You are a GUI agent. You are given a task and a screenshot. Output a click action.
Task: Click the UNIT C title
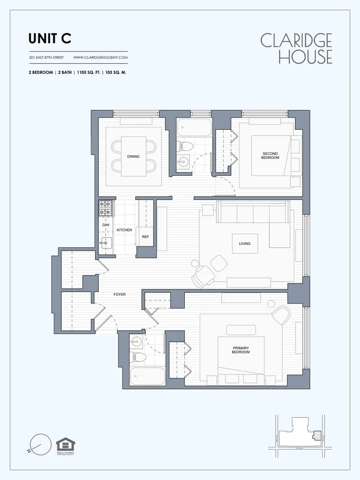[x=49, y=38]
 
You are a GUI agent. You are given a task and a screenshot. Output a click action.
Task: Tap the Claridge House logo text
[x=296, y=48]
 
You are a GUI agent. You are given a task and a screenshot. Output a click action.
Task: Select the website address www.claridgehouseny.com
[x=100, y=58]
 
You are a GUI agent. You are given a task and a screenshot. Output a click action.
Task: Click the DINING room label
[x=133, y=156]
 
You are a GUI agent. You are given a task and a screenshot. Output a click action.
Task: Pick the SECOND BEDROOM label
[x=270, y=156]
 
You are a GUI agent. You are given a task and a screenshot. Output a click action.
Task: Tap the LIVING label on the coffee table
[x=244, y=244]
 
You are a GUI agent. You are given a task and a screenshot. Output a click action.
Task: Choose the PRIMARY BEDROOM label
[x=241, y=350]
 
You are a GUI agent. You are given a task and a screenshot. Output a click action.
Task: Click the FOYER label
[x=120, y=294]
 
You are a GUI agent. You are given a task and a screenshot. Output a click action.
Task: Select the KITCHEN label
[x=124, y=230]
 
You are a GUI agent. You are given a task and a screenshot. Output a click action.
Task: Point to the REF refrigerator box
[x=145, y=237]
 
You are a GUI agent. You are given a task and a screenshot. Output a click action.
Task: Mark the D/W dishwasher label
[x=106, y=225]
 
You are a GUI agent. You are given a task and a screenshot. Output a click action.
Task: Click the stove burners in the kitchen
[x=106, y=208]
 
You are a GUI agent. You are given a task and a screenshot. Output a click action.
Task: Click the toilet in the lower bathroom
[x=138, y=357]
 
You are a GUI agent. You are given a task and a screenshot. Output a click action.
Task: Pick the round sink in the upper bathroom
[x=182, y=162]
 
